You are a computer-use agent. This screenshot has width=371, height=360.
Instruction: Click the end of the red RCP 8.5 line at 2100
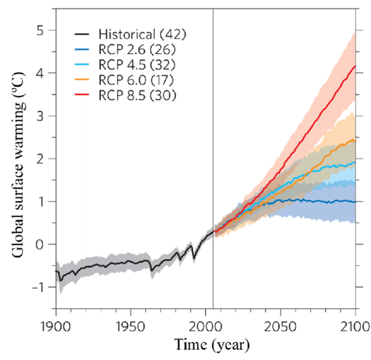(x=355, y=66)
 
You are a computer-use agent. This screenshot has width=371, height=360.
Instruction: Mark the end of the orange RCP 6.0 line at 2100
(x=355, y=140)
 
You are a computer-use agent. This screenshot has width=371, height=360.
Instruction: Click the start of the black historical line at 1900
(x=56, y=271)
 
